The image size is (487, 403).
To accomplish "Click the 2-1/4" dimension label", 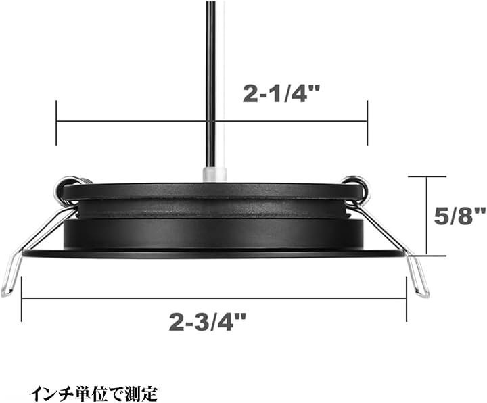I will point(281,94).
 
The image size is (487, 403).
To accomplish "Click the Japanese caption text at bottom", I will point(93,392).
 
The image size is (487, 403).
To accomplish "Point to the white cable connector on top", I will point(213,174).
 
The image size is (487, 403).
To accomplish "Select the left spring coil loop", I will point(70,186).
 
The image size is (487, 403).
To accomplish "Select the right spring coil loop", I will point(357,186).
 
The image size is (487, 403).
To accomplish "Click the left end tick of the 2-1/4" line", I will point(56,122).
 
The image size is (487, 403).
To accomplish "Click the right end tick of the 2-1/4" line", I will point(367,122).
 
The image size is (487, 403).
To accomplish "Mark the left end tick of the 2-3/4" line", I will point(22,298).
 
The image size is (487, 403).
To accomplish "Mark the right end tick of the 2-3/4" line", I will point(406,298).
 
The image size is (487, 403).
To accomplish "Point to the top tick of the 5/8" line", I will point(427,176).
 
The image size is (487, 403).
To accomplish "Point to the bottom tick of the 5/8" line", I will point(427,256).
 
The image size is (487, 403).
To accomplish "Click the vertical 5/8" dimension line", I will point(427,216).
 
